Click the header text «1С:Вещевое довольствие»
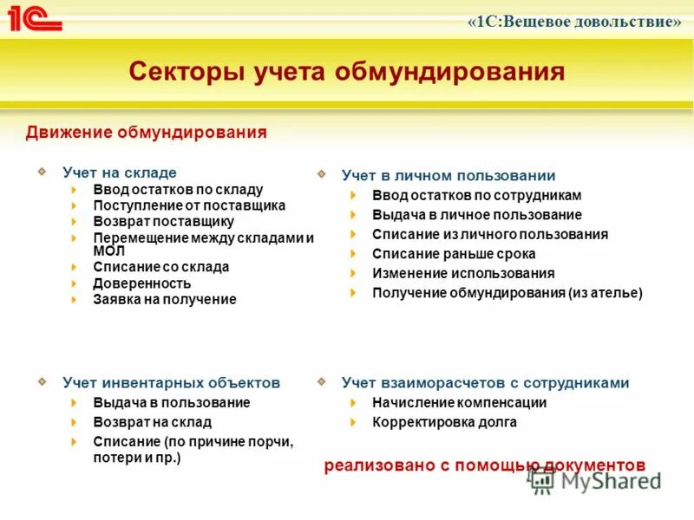[x=574, y=22]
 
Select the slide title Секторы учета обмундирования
[x=347, y=71]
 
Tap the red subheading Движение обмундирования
[x=146, y=133]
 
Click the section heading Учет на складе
[x=119, y=172]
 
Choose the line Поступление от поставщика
[x=189, y=205]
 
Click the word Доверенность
[x=141, y=283]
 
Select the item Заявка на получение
[x=164, y=299]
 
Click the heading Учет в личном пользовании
[x=448, y=175]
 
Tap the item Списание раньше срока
[x=454, y=254]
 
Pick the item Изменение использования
[x=463, y=273]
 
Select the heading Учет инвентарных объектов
[x=171, y=382]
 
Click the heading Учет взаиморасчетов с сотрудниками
[x=485, y=382]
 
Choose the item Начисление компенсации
[x=459, y=402]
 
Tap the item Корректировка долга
[x=444, y=422]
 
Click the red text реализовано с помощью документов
[x=485, y=465]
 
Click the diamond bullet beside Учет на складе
[x=42, y=172]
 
